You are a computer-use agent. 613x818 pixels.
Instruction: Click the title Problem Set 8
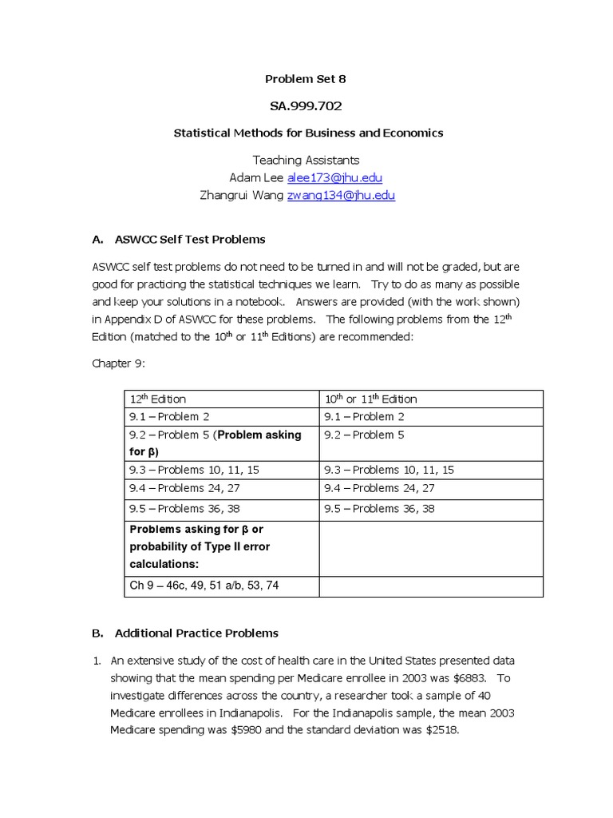tap(306, 79)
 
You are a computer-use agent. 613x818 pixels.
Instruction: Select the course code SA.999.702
tap(306, 105)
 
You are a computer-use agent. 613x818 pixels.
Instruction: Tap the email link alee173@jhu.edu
tap(329, 177)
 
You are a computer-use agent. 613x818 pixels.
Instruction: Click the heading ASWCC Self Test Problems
tap(190, 239)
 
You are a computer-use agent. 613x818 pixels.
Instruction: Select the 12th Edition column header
tap(158, 399)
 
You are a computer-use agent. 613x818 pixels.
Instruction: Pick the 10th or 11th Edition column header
tap(370, 399)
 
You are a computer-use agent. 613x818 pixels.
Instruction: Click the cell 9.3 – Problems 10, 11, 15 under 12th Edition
tap(194, 470)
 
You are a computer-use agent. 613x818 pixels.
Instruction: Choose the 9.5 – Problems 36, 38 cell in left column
tap(184, 508)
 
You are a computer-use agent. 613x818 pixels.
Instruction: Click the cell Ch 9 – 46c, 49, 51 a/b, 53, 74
tap(204, 586)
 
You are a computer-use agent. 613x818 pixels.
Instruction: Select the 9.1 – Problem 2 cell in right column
tap(364, 416)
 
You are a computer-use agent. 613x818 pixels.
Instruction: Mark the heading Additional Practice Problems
tap(196, 633)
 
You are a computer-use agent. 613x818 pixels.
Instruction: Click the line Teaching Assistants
tap(306, 160)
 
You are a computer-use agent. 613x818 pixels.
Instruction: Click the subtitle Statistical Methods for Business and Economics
tap(308, 133)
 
